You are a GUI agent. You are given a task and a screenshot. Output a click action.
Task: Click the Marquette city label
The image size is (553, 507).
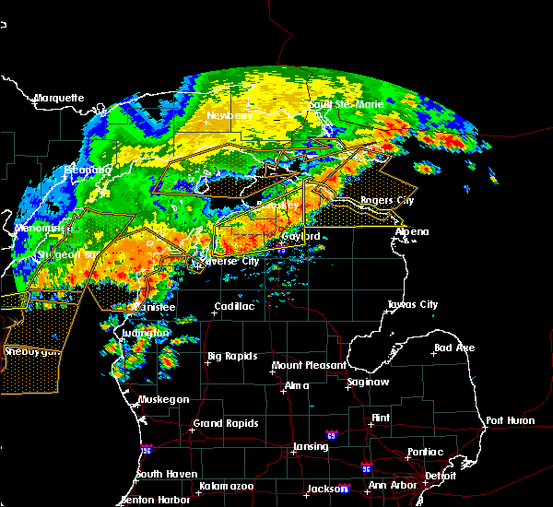pos(59,98)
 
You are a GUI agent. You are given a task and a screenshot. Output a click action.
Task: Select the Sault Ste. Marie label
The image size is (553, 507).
pos(346,105)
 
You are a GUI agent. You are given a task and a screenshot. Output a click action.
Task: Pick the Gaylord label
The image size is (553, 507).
pos(300,237)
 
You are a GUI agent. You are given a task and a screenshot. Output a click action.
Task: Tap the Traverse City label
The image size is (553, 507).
pos(225,261)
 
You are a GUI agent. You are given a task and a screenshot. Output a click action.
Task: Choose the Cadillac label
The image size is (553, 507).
pos(234,306)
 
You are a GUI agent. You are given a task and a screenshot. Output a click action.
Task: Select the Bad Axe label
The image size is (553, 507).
pos(453,348)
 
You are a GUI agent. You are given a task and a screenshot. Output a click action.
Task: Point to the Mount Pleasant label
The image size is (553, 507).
pos(308,366)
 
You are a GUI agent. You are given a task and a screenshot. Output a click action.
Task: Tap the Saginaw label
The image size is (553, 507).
pos(367,382)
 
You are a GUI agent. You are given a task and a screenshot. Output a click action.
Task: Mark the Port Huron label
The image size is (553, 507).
pos(510,420)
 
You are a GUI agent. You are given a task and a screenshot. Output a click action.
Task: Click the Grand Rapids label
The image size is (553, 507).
pos(224,424)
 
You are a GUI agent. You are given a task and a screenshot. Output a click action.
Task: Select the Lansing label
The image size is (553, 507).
pos(311,447)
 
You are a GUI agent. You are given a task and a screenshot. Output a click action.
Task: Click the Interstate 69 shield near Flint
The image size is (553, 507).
pos(330,435)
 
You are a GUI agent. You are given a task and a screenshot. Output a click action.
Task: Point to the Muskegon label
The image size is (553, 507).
pos(163,399)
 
